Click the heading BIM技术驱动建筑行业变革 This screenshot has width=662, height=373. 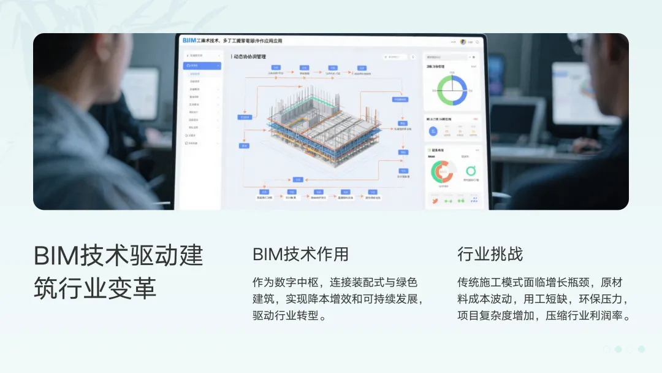point(118,272)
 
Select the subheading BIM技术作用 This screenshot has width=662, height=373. point(300,254)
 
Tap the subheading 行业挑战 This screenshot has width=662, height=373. point(490,254)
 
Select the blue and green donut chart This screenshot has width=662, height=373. point(452,90)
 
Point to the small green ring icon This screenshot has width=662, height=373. point(471,171)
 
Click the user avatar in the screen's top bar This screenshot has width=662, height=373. point(463,42)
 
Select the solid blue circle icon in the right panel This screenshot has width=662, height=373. point(433,130)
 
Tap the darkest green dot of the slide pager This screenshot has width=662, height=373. point(641,349)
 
